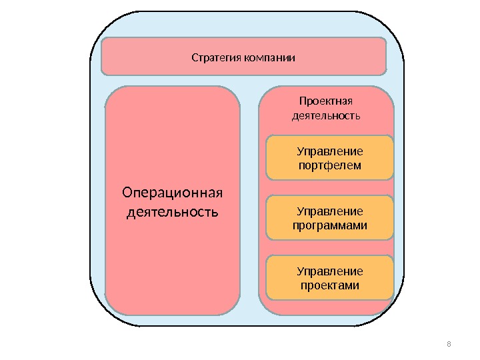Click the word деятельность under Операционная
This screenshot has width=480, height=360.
pyautogui.click(x=172, y=213)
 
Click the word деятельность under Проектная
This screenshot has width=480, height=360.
pyautogui.click(x=326, y=116)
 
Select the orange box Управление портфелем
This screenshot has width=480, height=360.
pyautogui.click(x=330, y=159)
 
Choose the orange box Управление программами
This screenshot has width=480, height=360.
pyautogui.click(x=330, y=218)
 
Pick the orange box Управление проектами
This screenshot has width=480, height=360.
pyautogui.click(x=330, y=277)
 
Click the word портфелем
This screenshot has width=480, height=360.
pyautogui.click(x=330, y=165)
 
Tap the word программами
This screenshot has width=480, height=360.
pyautogui.click(x=330, y=225)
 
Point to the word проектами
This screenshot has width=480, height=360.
pyautogui.click(x=330, y=285)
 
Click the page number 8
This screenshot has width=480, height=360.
pyautogui.click(x=449, y=344)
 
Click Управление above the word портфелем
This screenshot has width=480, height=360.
pyautogui.click(x=330, y=151)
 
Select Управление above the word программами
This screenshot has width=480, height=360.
pyautogui.click(x=330, y=211)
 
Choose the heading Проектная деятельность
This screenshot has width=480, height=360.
pyautogui.click(x=326, y=108)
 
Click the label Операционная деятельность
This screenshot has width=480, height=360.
pyautogui.click(x=172, y=203)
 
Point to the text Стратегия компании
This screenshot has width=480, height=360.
pyautogui.click(x=243, y=57)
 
